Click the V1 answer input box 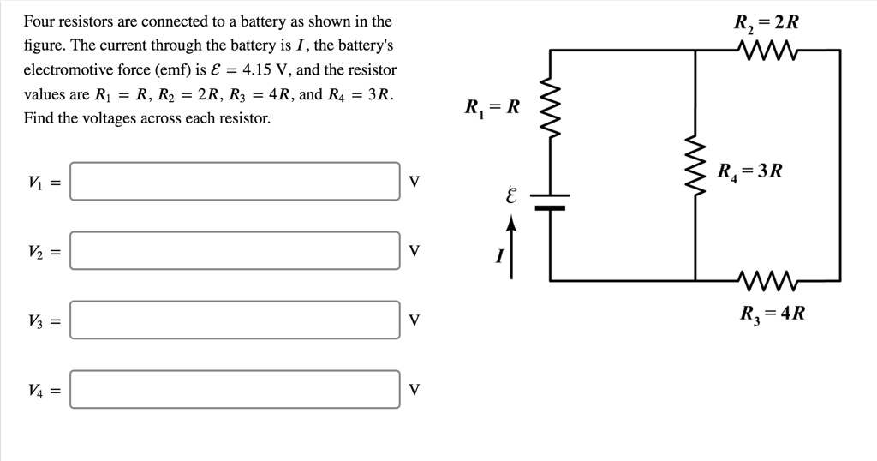235,182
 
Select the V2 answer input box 235,251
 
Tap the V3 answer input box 235,320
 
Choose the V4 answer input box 235,390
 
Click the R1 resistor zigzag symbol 550,113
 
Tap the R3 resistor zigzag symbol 767,280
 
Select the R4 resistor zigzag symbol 695,165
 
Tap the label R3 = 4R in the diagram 773,314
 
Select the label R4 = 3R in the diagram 749,171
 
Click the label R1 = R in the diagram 492,108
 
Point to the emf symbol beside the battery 511,196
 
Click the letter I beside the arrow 498,255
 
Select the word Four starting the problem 39,21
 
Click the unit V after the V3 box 415,320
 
